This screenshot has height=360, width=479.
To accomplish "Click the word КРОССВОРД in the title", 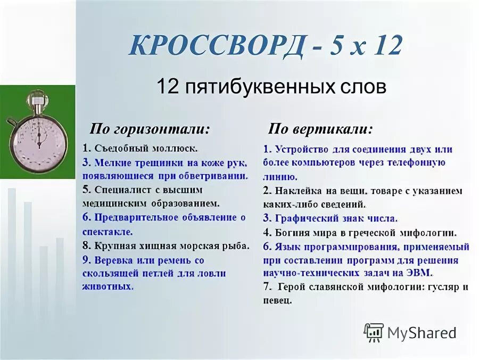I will coord(216,46).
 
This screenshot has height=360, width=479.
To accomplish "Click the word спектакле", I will coord(108,232).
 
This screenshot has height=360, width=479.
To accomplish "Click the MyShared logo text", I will coord(422,333).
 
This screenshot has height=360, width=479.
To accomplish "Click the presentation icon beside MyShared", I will coord(374,332).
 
